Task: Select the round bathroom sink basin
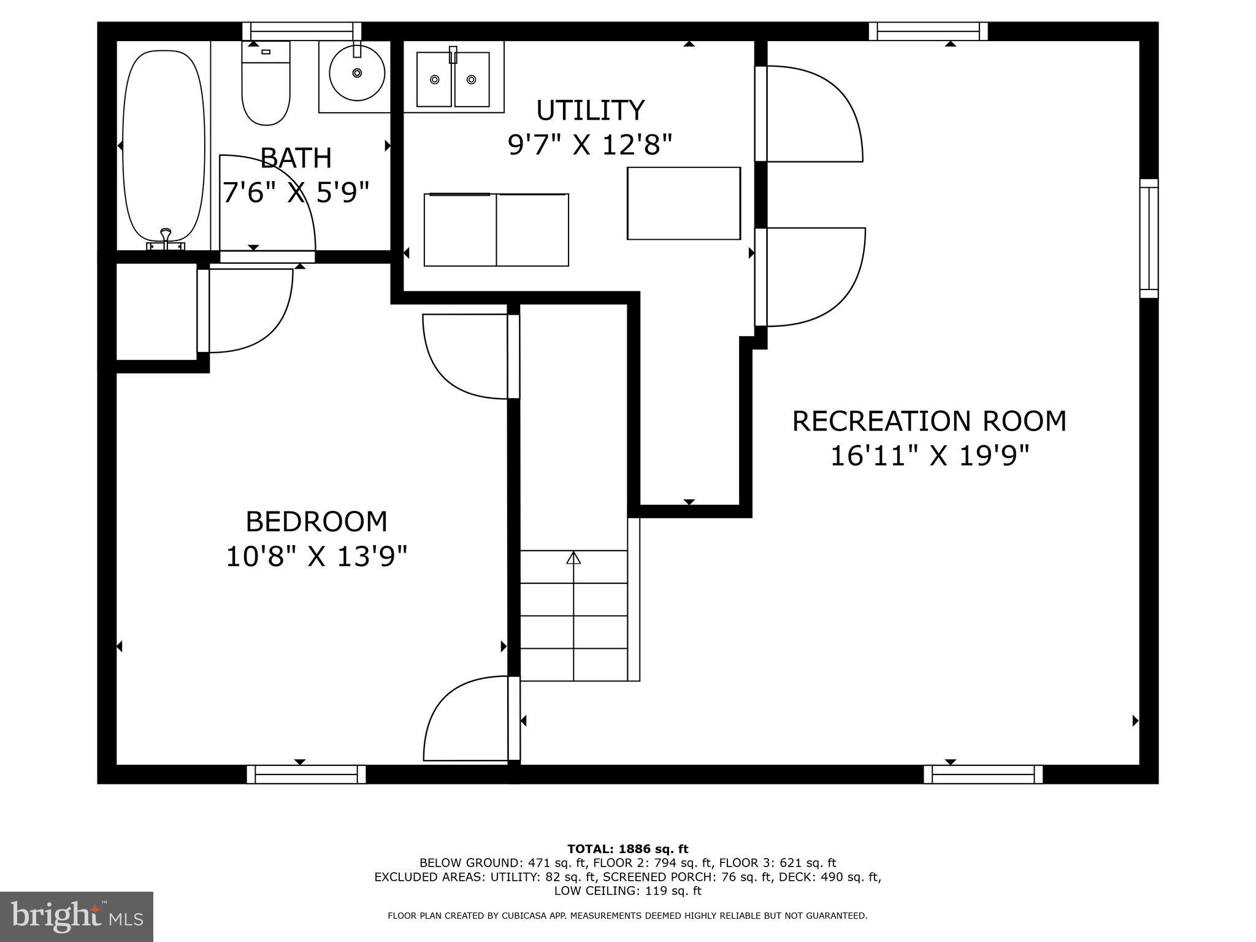pos(357,73)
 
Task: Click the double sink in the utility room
pos(453,78)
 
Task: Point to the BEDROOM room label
pos(316,522)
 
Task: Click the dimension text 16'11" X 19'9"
pos(929,456)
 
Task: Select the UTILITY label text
pos(591,110)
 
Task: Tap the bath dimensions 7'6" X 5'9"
pos(296,193)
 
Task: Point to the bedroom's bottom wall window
pos(306,774)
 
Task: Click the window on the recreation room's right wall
pos(1149,239)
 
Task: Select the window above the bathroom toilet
pos(302,31)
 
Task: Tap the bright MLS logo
pos(77,916)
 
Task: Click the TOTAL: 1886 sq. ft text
pos(628,849)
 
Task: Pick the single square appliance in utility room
pos(684,203)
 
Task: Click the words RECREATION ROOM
pos(929,421)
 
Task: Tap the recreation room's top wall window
pos(929,31)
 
